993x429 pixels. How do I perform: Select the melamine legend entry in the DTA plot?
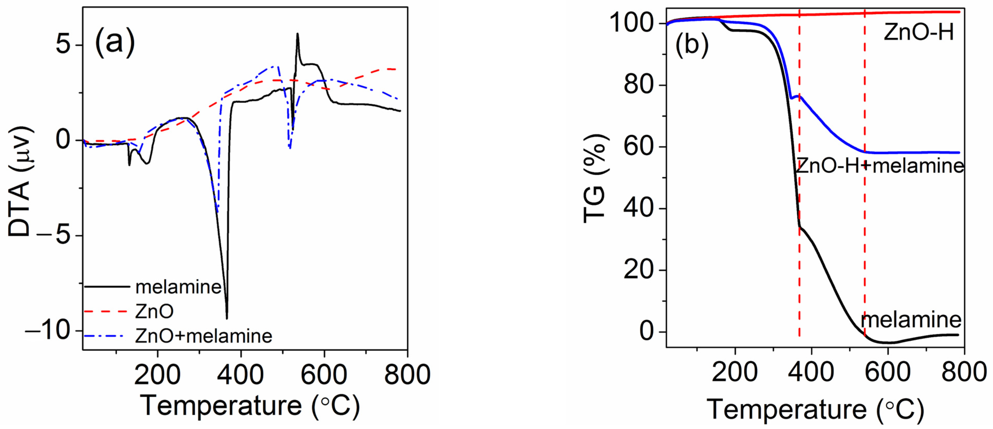(x=178, y=287)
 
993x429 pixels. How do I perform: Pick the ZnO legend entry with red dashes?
(x=154, y=311)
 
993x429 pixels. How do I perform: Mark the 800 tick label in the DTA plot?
(x=407, y=374)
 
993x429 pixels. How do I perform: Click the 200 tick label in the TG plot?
(x=735, y=372)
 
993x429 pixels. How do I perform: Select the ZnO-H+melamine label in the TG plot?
(x=879, y=166)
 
